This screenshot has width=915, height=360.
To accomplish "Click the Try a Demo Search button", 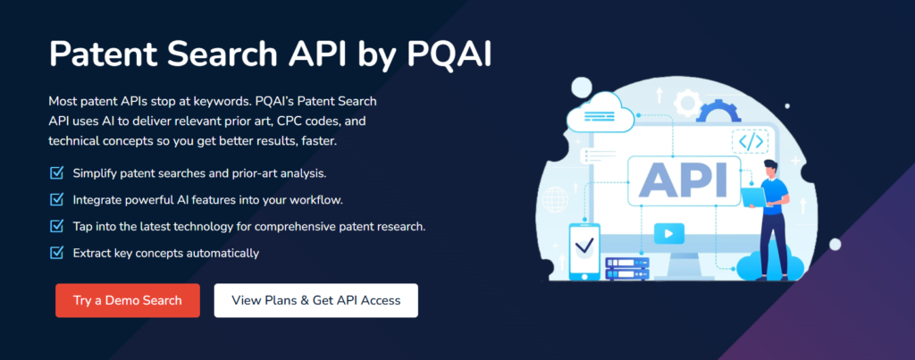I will pyautogui.click(x=128, y=300).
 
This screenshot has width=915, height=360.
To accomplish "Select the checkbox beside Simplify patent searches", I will pyautogui.click(x=57, y=172).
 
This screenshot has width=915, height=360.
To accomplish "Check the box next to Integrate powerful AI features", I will pyautogui.click(x=57, y=199).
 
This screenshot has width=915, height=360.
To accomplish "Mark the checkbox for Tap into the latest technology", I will pyautogui.click(x=57, y=226).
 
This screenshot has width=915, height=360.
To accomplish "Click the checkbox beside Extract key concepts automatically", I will pyautogui.click(x=57, y=253).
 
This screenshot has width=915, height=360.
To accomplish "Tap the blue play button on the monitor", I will pyautogui.click(x=668, y=234).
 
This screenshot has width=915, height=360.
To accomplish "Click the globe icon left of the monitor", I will pyautogui.click(x=556, y=197).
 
